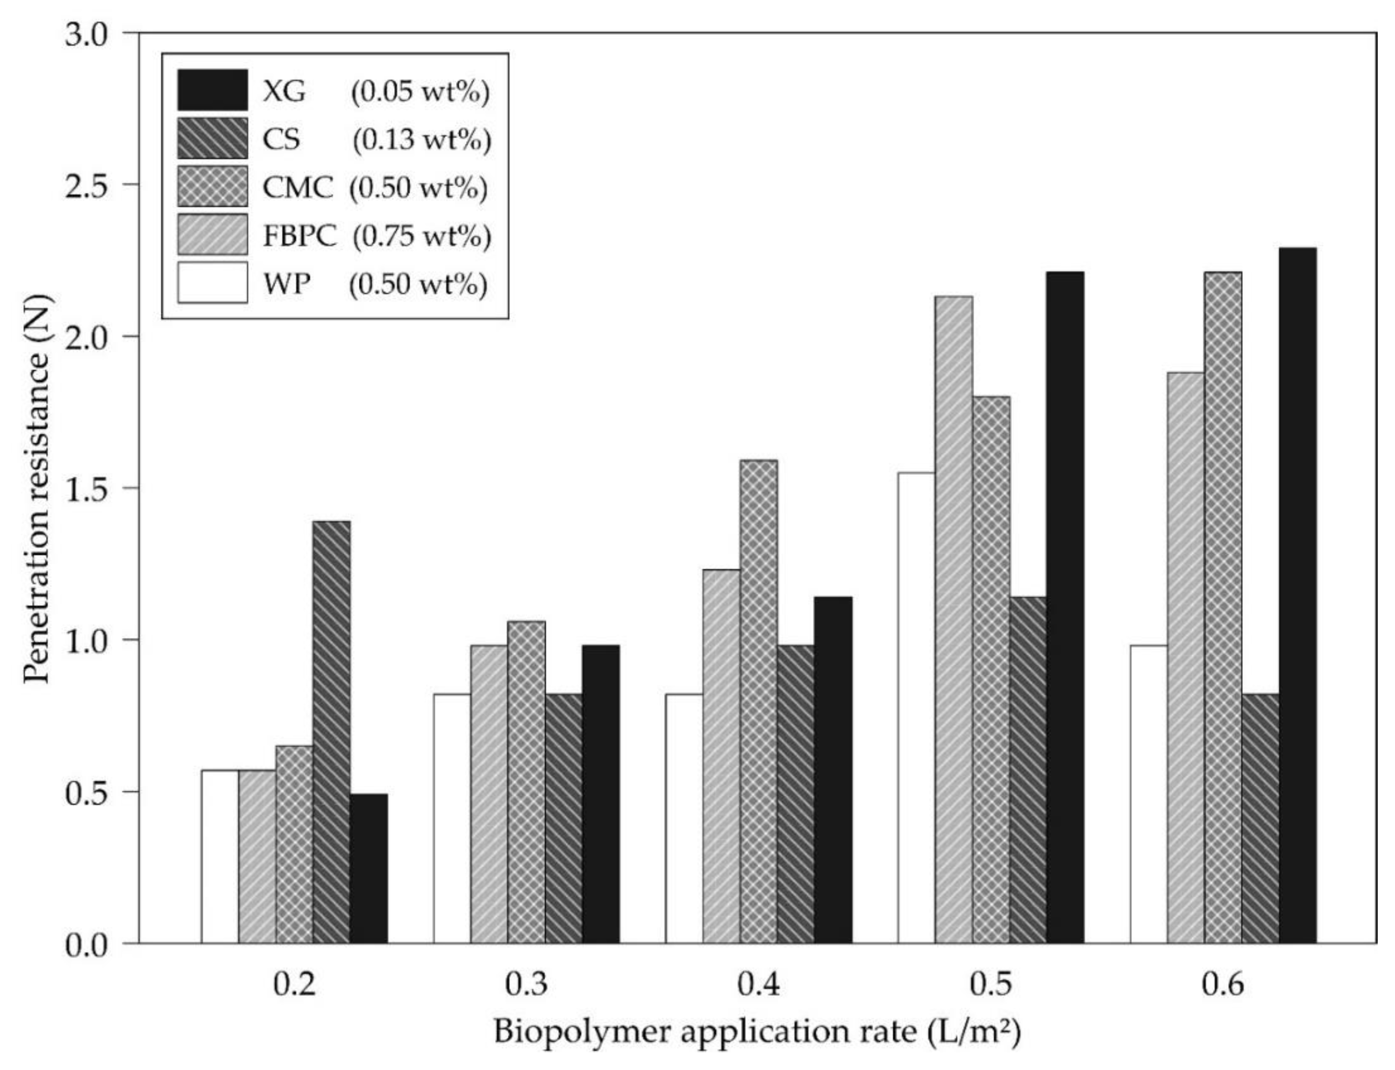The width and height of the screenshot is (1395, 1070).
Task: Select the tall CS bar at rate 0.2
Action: click(x=332, y=732)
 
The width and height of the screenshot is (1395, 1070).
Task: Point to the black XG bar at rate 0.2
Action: click(x=368, y=868)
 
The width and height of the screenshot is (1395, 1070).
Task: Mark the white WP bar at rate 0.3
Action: click(x=452, y=818)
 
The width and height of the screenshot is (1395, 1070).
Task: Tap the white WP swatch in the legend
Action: click(x=212, y=283)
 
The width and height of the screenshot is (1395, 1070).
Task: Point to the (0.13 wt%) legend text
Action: click(x=422, y=139)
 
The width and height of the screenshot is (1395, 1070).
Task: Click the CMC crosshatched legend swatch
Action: click(x=212, y=187)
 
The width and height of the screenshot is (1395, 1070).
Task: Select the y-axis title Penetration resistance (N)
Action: click(x=37, y=488)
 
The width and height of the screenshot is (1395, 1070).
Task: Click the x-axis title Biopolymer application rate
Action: click(x=757, y=1032)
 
